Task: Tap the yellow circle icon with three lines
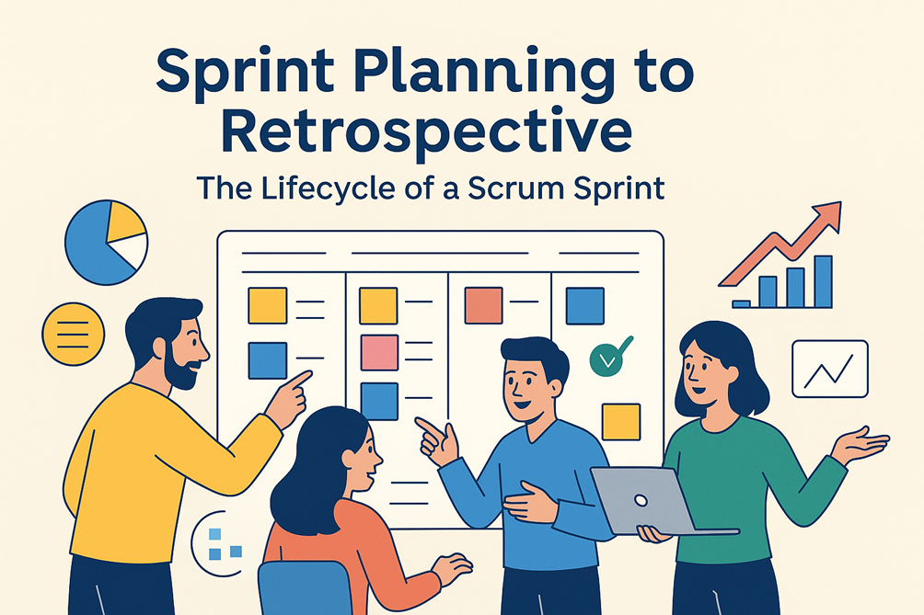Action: (x=73, y=335)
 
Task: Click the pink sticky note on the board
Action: (x=379, y=352)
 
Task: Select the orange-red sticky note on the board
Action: (x=483, y=305)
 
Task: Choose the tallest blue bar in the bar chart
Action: (x=824, y=281)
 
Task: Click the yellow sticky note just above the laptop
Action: (x=621, y=422)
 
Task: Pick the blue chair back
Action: (x=305, y=588)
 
